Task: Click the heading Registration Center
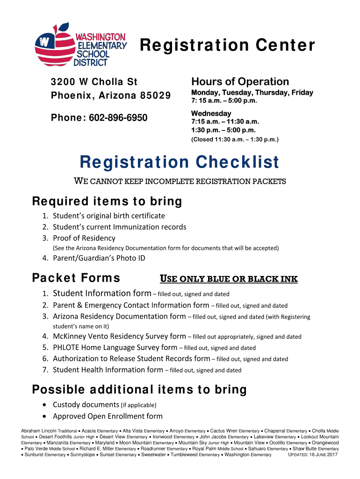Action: tap(227, 46)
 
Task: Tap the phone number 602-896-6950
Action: tap(120, 117)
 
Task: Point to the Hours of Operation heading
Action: tap(240, 81)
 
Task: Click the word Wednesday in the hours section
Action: tap(211, 114)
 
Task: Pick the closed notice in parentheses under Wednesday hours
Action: tap(235, 139)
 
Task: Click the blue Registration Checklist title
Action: tap(180, 162)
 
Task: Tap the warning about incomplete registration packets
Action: tap(180, 181)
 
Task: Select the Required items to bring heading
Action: tap(107, 202)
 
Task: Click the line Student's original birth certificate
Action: tap(108, 216)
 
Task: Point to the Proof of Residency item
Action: tap(84, 238)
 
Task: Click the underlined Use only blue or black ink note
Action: tap(229, 279)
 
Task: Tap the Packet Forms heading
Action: tap(76, 278)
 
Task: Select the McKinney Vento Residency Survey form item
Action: tap(119, 336)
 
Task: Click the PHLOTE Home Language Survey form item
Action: tap(115, 348)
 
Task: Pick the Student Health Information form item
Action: tap(108, 370)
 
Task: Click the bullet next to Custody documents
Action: tap(44, 405)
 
